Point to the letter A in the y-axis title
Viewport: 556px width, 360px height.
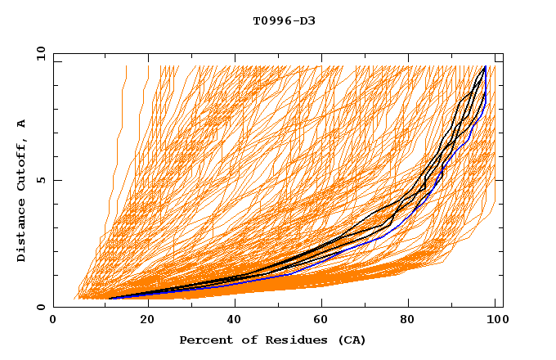pyautogui.click(x=22, y=124)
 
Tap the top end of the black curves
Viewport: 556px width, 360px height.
pyautogui.click(x=485, y=67)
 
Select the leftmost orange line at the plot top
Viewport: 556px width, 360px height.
pyautogui.click(x=126, y=70)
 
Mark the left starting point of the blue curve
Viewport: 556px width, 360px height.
pyautogui.click(x=110, y=299)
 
